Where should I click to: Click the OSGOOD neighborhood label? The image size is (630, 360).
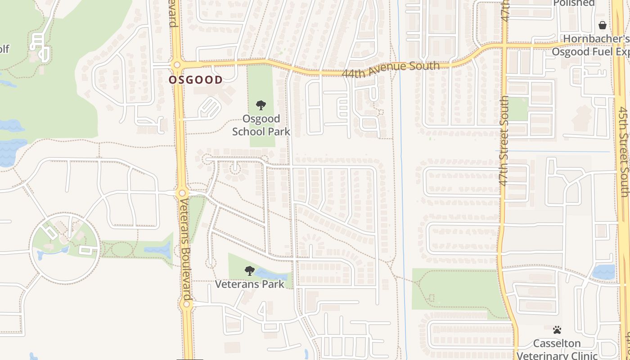pyautogui.click(x=195, y=80)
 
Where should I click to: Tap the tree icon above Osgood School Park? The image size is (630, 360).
pyautogui.click(x=261, y=106)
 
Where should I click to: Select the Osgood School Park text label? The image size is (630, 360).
pyautogui.click(x=261, y=125)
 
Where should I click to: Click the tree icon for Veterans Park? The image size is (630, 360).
pyautogui.click(x=250, y=271)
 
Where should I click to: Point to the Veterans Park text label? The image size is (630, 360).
pyautogui.click(x=250, y=284)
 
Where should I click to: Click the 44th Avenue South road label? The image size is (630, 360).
pyautogui.click(x=391, y=69)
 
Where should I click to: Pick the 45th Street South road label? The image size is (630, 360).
pyautogui.click(x=623, y=152)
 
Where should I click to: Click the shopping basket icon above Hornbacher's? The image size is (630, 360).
pyautogui.click(x=603, y=25)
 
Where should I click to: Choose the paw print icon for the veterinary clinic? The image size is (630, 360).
pyautogui.click(x=557, y=330)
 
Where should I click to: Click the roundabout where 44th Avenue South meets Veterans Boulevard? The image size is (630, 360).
pyautogui.click(x=177, y=65)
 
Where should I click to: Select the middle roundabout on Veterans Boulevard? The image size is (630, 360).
pyautogui.click(x=182, y=193)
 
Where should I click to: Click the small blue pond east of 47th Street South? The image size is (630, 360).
pyautogui.click(x=603, y=272)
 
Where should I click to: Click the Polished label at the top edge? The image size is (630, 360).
pyautogui.click(x=574, y=4)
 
